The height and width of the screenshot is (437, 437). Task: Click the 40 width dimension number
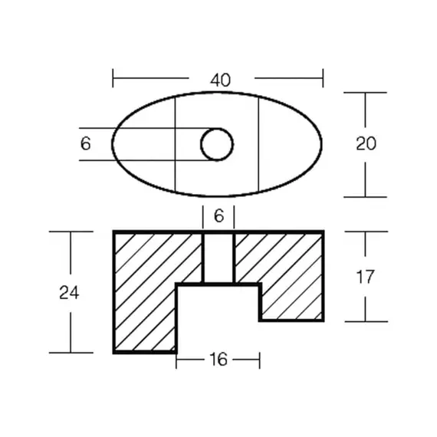click(x=222, y=78)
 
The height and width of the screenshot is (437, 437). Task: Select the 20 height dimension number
click(x=366, y=143)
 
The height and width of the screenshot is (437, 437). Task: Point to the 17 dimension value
click(x=366, y=277)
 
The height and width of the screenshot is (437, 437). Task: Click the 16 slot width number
click(x=219, y=360)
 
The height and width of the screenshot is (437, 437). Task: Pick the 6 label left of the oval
click(x=85, y=143)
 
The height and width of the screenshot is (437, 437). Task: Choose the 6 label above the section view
click(x=219, y=217)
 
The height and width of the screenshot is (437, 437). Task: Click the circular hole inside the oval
click(x=217, y=143)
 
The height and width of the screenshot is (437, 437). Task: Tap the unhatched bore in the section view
click(x=218, y=258)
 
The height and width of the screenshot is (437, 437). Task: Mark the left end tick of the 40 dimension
click(x=113, y=78)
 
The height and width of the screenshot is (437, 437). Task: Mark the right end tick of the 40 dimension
click(x=323, y=78)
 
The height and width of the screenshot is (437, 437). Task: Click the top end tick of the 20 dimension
click(x=365, y=93)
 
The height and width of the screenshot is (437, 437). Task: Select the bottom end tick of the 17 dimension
click(x=365, y=320)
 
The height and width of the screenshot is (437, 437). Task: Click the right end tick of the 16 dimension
click(x=259, y=360)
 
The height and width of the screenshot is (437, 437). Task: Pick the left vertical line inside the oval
click(x=176, y=143)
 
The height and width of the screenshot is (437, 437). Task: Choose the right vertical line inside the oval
click(x=258, y=143)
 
